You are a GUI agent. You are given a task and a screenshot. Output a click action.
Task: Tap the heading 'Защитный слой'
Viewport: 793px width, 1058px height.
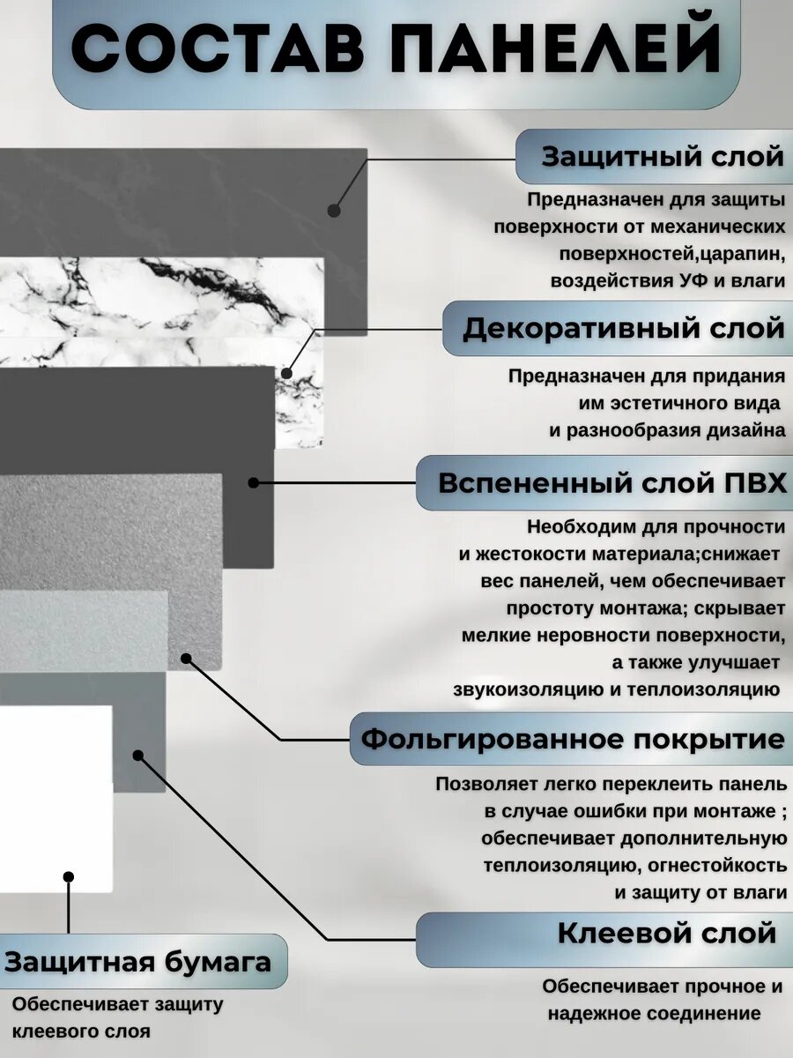tap(662, 157)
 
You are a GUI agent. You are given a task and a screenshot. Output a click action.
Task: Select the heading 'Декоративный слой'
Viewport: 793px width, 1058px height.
tap(624, 328)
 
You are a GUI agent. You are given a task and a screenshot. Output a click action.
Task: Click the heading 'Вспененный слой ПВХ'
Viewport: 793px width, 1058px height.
tap(612, 483)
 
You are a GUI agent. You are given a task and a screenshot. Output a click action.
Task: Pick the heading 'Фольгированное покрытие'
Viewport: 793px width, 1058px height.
tap(573, 739)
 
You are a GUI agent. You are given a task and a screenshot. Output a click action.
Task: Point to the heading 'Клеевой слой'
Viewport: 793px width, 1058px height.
tap(667, 933)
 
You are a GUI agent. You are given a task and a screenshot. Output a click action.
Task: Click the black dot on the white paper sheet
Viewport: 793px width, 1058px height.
tap(69, 876)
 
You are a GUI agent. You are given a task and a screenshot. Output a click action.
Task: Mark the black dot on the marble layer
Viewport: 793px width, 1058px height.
tap(287, 373)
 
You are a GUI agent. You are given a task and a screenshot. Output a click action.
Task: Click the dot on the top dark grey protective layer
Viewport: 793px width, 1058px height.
tap(334, 211)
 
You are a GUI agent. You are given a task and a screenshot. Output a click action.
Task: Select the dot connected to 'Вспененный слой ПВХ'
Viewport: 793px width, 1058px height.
tap(254, 483)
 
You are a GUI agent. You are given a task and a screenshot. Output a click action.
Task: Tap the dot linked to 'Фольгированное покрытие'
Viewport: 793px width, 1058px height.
tap(185, 658)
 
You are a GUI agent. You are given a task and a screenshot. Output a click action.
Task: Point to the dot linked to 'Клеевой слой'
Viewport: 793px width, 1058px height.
tap(137, 755)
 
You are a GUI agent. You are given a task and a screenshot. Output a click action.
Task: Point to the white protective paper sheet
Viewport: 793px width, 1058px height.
tap(53, 793)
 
